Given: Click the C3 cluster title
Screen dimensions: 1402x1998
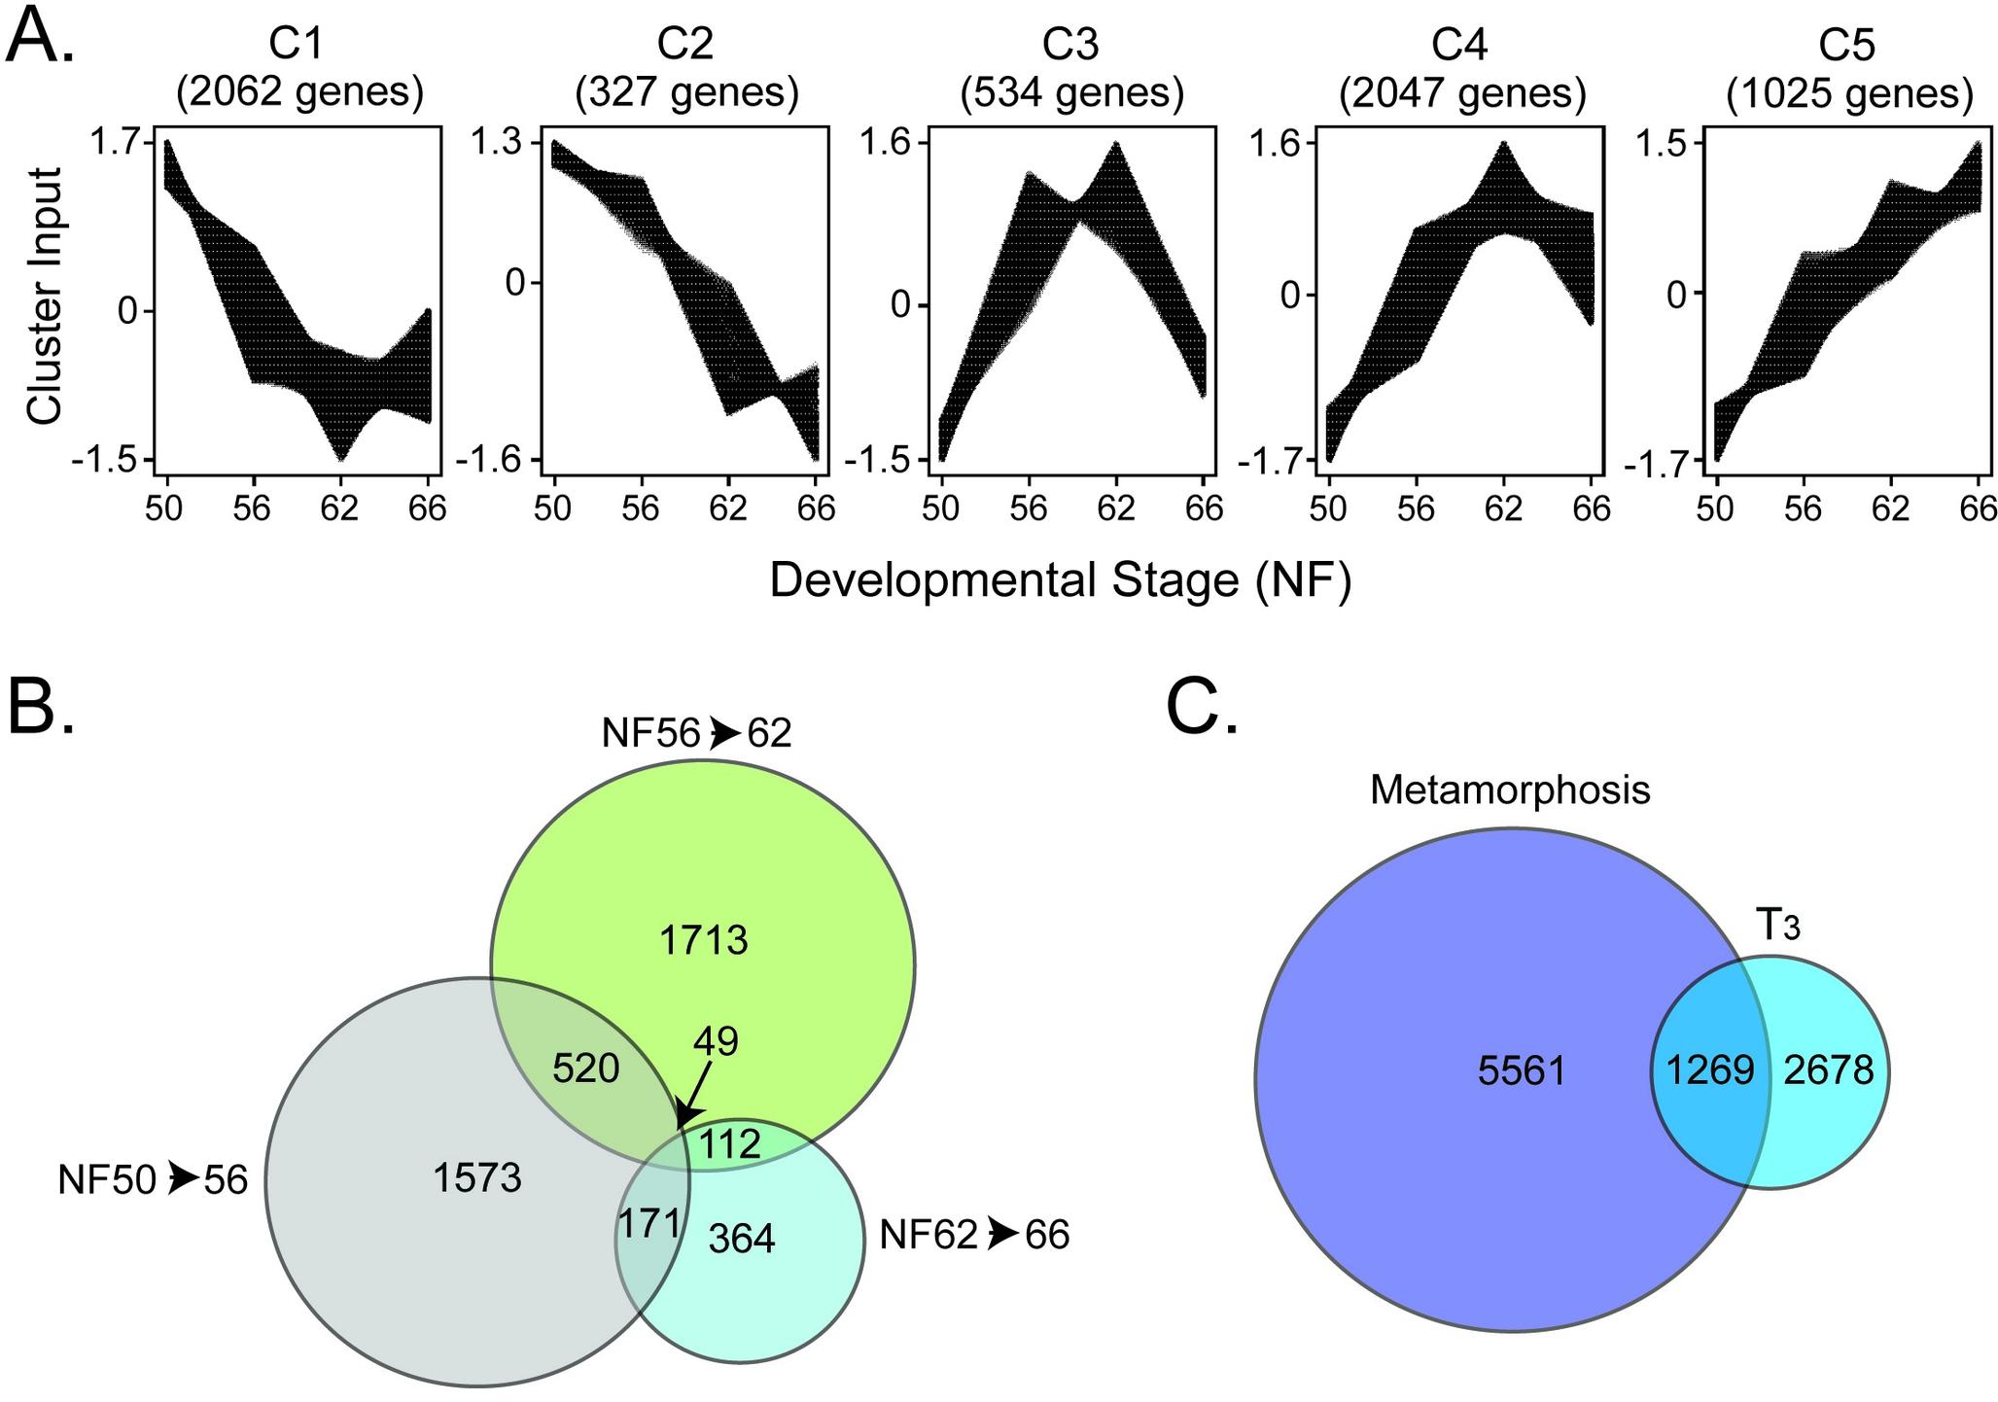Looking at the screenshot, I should pos(1071,45).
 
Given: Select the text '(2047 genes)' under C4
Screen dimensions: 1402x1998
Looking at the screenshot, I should pos(1461,94).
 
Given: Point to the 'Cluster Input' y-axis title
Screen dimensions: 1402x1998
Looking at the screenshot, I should pos(45,296).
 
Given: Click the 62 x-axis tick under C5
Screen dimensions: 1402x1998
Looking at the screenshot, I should pos(1890,508).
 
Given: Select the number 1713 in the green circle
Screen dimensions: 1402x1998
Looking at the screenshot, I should pos(703,940).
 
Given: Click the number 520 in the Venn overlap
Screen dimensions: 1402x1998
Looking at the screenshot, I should pos(585,1069).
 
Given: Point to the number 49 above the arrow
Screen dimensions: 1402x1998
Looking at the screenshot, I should pos(716,1042).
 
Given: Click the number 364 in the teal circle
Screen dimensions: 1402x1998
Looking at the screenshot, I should pos(742,1239).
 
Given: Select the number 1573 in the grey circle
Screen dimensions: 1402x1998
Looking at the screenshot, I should pos(477,1178).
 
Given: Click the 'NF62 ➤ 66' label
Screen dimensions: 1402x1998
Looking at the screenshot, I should pos(973,1235).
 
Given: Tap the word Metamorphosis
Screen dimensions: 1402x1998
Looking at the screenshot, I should pos(1510,790).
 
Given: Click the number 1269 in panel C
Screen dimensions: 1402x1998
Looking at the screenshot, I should pos(1710,1070).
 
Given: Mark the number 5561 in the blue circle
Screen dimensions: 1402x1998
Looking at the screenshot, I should pos(1522,1071).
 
